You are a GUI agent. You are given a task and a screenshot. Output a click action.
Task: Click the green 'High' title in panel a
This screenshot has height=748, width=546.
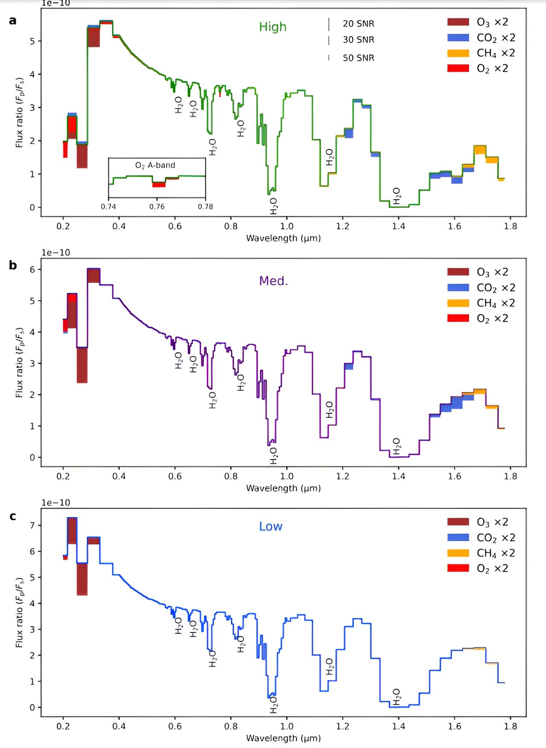pyautogui.click(x=273, y=27)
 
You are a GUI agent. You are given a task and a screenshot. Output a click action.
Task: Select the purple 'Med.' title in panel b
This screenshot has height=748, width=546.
pyautogui.click(x=273, y=281)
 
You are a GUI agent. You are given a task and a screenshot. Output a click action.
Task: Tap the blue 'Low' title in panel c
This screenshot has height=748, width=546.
pyautogui.click(x=270, y=527)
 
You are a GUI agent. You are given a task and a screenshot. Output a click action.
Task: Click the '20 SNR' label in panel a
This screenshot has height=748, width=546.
pyautogui.click(x=358, y=24)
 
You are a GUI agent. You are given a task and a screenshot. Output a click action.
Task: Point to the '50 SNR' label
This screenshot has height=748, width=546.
pyautogui.click(x=358, y=58)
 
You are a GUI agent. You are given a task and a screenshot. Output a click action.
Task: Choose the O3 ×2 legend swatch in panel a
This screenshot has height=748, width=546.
pyautogui.click(x=458, y=22)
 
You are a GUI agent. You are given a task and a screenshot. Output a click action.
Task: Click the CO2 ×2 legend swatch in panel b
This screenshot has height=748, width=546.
pyautogui.click(x=458, y=288)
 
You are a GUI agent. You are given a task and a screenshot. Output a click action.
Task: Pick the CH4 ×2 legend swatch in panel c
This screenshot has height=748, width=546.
pyautogui.click(x=458, y=553)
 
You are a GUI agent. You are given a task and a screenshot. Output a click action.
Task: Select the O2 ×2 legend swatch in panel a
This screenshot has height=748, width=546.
pyautogui.click(x=458, y=68)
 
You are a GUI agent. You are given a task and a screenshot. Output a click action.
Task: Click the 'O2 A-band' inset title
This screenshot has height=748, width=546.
pyautogui.click(x=155, y=165)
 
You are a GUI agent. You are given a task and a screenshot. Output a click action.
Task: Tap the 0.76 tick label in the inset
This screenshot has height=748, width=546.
pyautogui.click(x=157, y=207)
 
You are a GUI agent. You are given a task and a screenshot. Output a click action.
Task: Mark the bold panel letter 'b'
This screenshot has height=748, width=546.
pyautogui.click(x=13, y=265)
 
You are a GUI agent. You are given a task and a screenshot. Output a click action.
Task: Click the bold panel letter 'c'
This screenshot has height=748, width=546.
pyautogui.click(x=13, y=516)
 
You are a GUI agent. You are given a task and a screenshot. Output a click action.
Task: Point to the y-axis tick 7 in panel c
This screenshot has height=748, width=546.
pyautogui.click(x=32, y=525)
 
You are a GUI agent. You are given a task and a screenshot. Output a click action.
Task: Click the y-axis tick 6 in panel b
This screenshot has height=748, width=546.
pyautogui.click(x=32, y=270)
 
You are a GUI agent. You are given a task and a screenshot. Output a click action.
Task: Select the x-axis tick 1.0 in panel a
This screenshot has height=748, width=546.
pyautogui.click(x=287, y=226)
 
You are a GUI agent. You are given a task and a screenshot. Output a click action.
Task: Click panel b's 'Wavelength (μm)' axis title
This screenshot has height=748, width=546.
pyautogui.click(x=283, y=488)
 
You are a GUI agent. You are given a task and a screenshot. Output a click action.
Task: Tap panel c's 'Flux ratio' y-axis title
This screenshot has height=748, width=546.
pyautogui.click(x=19, y=613)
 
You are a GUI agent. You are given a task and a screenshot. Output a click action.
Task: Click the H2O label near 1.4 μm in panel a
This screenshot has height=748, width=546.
pyautogui.click(x=396, y=196)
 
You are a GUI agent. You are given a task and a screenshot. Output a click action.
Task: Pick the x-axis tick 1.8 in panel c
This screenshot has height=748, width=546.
pyautogui.click(x=510, y=726)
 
